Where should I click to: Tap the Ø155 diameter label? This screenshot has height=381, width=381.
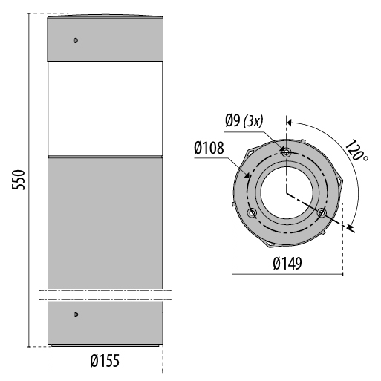pyautogui.click(x=105, y=361)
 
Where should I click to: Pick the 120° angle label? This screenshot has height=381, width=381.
pyautogui.click(x=355, y=153)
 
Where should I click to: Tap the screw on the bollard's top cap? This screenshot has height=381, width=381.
pyautogui.click(x=76, y=40)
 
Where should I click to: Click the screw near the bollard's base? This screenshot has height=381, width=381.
pyautogui.click(x=76, y=316)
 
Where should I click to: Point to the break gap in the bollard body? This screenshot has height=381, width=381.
pyautogui.click(x=105, y=295)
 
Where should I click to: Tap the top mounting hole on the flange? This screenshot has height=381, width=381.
pyautogui.click(x=287, y=151)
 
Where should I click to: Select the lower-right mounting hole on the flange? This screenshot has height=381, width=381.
pyautogui.click(x=322, y=213)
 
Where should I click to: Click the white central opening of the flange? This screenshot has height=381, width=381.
pyautogui.click(x=287, y=189)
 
